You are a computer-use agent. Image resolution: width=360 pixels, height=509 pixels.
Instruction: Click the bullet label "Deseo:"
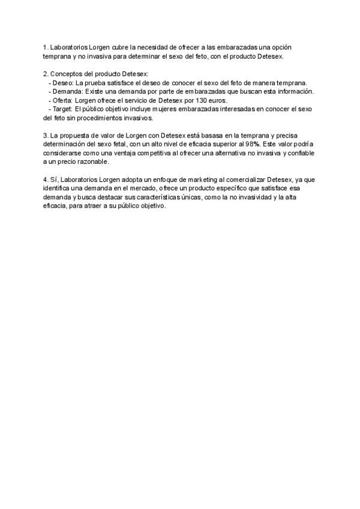(62, 82)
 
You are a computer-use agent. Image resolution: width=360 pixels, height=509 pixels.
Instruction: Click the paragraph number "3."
(46, 136)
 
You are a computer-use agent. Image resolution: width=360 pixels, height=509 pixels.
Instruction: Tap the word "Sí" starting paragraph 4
(53, 180)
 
